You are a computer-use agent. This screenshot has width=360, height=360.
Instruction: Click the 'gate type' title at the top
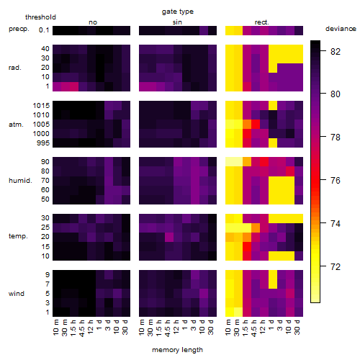(178, 12)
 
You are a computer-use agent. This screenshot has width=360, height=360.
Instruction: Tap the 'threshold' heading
(40, 17)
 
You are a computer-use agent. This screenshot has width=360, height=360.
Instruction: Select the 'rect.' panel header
(262, 22)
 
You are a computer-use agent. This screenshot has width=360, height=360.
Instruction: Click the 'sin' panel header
(177, 22)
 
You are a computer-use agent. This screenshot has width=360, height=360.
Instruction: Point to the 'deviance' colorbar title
(341, 29)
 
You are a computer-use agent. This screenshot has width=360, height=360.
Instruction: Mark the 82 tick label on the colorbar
(336, 51)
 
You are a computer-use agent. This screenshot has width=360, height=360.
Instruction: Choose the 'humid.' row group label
(20, 181)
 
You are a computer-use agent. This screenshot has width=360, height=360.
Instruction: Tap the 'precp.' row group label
(19, 30)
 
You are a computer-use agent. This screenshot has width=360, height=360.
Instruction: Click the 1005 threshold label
(41, 125)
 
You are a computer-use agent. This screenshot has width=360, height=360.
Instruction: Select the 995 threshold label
(43, 143)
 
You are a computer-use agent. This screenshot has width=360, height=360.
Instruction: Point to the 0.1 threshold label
(44, 30)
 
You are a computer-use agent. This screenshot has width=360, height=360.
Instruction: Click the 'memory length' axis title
(178, 350)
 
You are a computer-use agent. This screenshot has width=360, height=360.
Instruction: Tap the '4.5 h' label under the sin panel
(168, 328)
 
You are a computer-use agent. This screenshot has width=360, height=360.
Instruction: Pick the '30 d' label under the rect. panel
(297, 327)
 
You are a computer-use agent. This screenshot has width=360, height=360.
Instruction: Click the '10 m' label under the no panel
(55, 327)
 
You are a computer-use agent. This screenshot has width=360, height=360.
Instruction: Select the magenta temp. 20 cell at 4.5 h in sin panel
(169, 237)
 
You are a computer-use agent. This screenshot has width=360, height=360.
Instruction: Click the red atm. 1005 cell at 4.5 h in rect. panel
(256, 125)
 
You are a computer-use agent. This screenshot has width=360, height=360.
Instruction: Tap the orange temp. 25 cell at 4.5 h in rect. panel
(256, 228)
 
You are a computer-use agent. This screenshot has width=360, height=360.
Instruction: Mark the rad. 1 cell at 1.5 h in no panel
(74, 86)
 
